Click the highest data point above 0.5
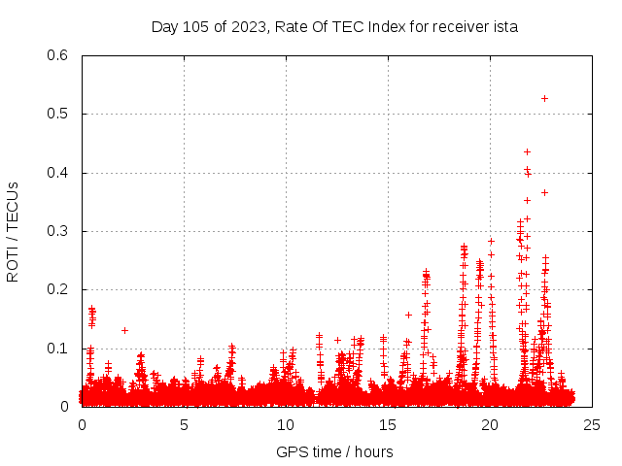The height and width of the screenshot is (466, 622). point(544,98)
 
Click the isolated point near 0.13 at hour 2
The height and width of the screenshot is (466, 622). point(124,330)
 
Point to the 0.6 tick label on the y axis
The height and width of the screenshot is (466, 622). point(57,55)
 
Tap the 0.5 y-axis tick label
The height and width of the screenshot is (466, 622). point(57,114)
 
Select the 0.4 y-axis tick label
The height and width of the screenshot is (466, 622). point(57,173)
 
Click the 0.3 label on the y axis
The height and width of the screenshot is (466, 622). point(57,231)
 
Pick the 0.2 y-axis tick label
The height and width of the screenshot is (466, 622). point(57,289)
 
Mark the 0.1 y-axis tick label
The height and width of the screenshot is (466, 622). point(57,349)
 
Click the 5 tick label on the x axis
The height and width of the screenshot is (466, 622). point(184,423)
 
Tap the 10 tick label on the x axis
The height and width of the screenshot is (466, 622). point(286,423)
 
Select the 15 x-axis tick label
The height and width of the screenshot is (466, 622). point(388,423)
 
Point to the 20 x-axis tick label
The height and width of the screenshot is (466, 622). point(490,423)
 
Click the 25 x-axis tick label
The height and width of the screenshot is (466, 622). point(592,423)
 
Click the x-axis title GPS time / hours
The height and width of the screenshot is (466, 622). point(334,451)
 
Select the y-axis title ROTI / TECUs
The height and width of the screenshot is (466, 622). point(13,231)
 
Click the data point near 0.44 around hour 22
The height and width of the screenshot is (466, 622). point(527,151)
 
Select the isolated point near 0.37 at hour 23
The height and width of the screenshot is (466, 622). point(544,192)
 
